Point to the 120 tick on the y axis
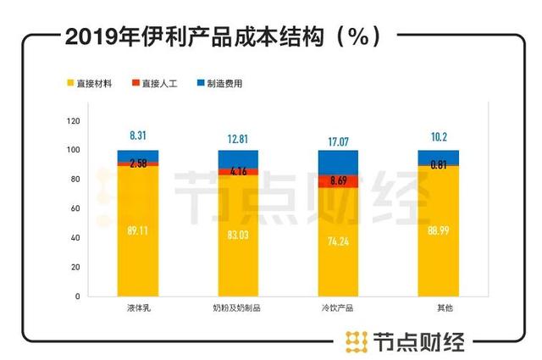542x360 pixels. [74, 120]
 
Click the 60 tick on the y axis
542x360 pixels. [75, 208]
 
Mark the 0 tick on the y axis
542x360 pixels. [77, 296]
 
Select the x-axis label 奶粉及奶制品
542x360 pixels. [238, 308]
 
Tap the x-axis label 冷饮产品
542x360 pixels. [338, 308]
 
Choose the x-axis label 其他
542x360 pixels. [438, 308]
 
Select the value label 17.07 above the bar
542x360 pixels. [338, 138]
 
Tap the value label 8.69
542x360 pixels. [338, 180]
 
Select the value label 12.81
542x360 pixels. [238, 138]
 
